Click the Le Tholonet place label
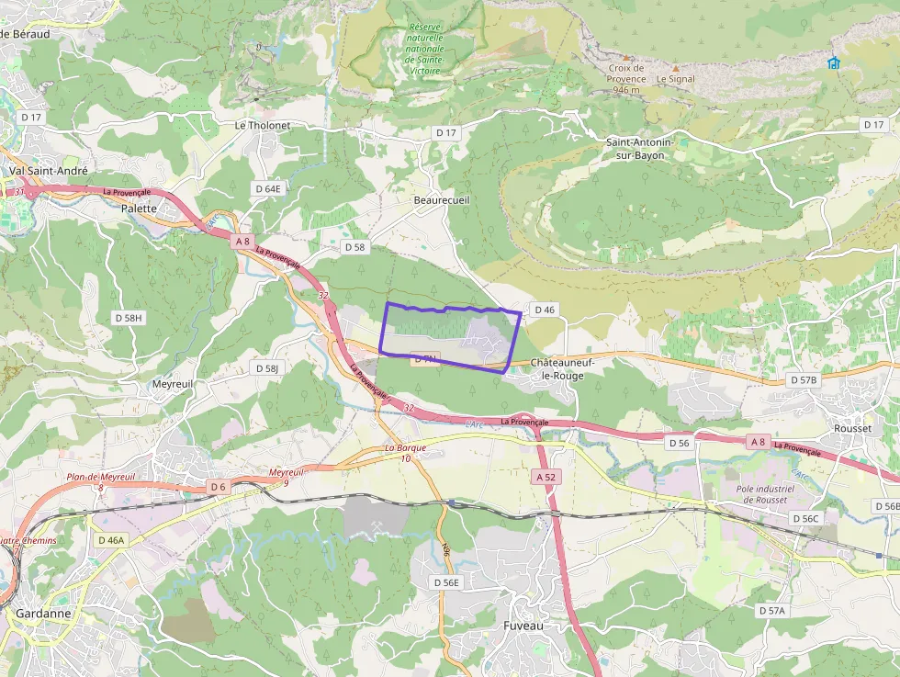263,125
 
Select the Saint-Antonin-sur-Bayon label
640,149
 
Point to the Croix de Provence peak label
626,73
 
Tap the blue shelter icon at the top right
833,62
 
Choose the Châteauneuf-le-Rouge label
562,369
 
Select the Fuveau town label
523,626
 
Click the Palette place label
140,209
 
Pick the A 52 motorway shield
546,477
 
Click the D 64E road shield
268,188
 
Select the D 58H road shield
129,317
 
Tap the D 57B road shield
803,379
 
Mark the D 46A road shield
109,540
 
